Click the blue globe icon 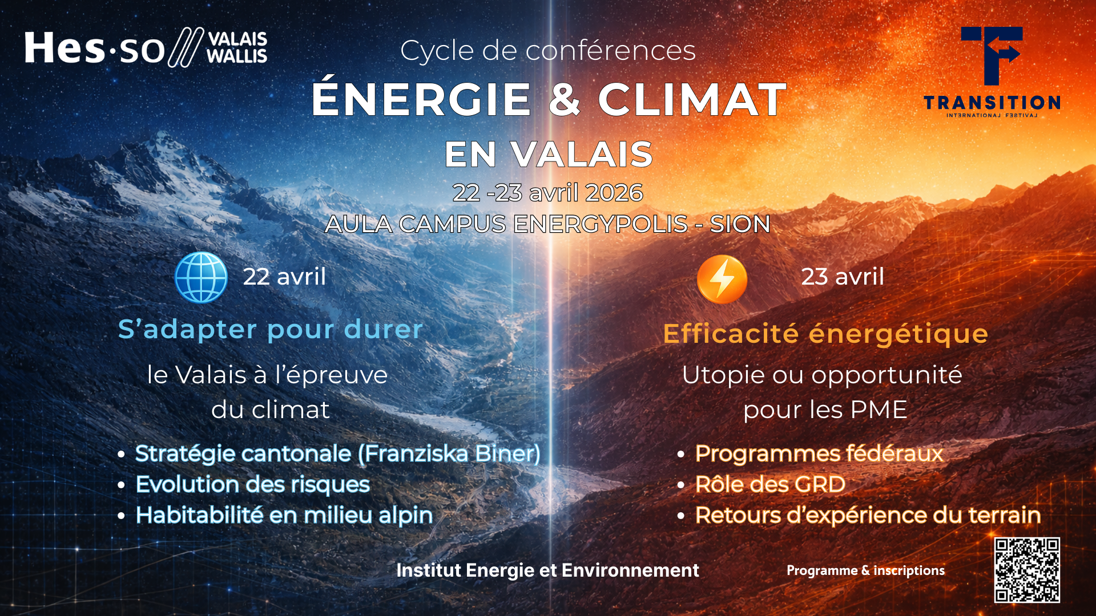201,277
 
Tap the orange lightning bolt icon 722,279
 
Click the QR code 1026,570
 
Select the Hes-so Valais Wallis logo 146,47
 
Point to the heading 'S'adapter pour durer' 270,329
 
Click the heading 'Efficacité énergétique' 825,334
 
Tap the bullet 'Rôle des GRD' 770,484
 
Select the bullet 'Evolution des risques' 253,484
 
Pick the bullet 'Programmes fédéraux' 819,453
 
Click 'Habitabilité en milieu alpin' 284,515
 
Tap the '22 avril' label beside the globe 284,277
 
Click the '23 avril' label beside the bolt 843,277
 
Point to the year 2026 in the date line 614,193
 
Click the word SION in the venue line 740,224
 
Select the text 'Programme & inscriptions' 865,570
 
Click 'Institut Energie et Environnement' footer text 547,570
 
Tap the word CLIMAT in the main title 692,100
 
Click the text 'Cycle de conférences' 548,50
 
